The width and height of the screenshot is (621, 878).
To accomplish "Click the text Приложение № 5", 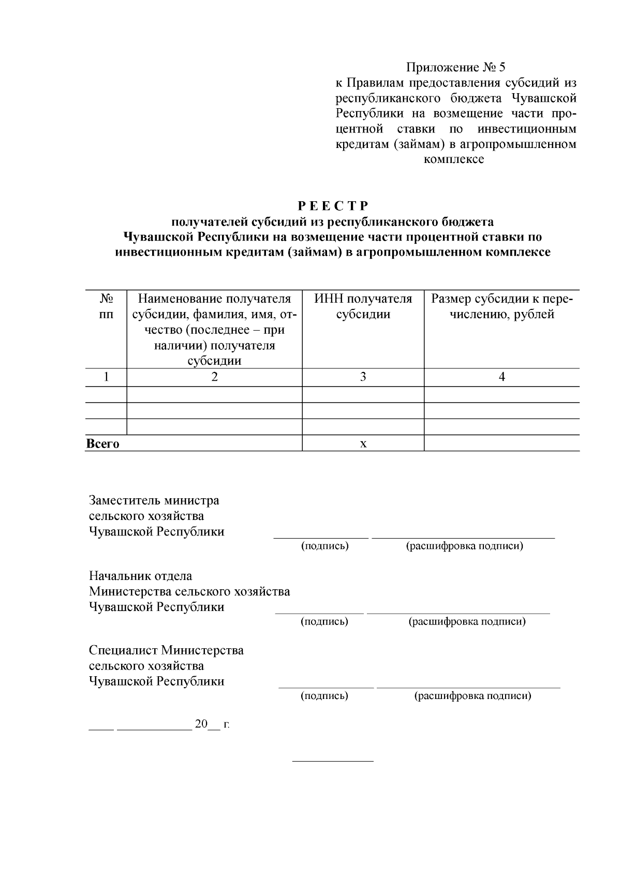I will point(455,67).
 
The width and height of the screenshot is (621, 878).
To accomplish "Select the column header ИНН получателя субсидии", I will point(363,306).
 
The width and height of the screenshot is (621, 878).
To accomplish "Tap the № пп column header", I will point(106,306).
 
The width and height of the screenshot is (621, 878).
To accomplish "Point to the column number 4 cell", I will point(501,377).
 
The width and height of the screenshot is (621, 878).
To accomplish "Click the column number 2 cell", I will point(214,377).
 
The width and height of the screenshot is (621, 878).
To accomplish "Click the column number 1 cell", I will point(106,377).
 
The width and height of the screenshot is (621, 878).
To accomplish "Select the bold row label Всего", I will point(102,443).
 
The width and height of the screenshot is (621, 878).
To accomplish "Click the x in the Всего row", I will point(363,443).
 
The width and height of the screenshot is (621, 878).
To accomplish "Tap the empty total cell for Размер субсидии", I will point(501,443).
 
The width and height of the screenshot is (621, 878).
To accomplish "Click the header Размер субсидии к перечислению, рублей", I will point(501,306).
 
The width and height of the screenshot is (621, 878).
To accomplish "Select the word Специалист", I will point(123,650).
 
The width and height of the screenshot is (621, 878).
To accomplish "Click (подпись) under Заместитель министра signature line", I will point(325,546).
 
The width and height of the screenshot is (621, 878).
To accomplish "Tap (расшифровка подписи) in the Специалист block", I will point(472,696).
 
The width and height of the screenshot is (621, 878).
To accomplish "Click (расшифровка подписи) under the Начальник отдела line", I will point(467,621).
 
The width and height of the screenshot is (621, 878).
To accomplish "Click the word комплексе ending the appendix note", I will point(454,159).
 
